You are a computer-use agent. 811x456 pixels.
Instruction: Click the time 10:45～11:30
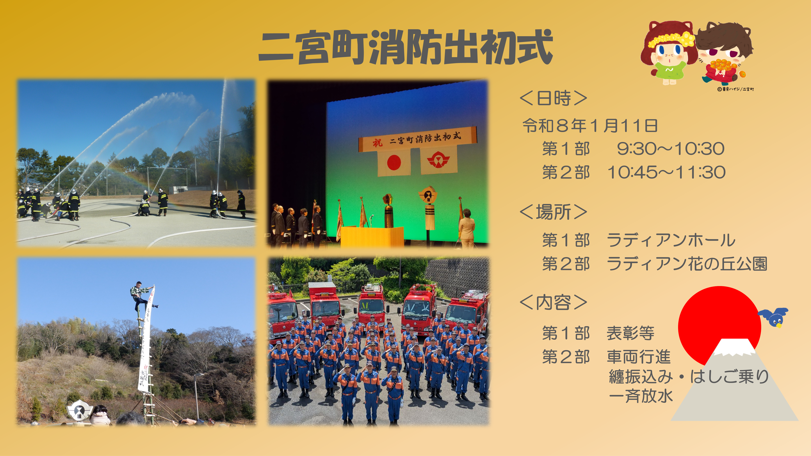click(x=666, y=172)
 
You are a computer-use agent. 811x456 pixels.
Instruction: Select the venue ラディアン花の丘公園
click(x=686, y=264)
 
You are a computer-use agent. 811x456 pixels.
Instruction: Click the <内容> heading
click(x=553, y=303)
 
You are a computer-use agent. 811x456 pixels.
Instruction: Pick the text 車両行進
click(x=639, y=357)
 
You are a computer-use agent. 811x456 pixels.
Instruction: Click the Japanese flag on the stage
click(x=394, y=163)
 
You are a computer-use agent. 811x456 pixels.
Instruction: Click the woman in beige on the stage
click(x=467, y=228)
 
